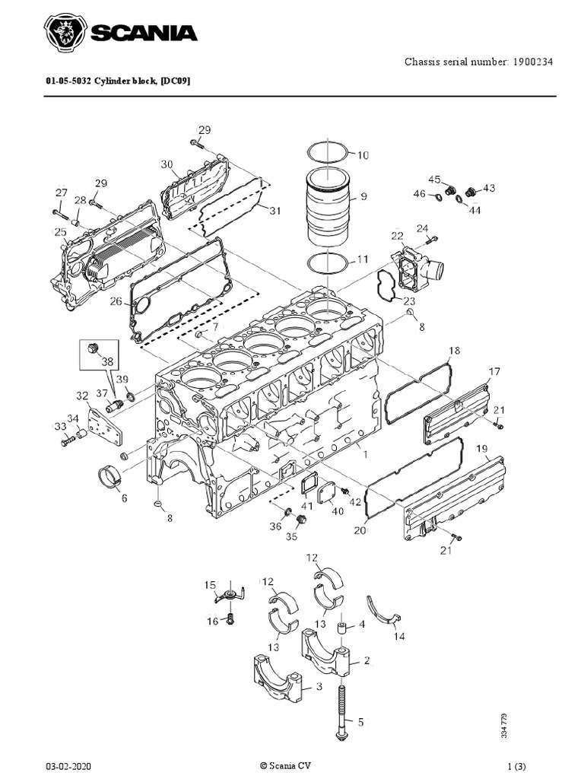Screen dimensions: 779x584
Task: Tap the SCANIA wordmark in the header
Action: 144,33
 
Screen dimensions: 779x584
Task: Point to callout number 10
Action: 362,155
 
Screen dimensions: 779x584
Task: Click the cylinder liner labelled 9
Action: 329,207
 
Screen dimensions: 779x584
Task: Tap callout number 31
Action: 275,211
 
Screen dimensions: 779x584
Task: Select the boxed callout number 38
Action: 106,362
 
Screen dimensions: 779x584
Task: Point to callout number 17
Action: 494,372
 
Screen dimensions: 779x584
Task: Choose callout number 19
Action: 482,449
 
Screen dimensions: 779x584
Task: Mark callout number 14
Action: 398,637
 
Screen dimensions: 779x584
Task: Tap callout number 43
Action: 488,187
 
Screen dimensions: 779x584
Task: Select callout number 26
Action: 115,301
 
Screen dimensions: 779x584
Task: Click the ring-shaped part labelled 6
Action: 109,482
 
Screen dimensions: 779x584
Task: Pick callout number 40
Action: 338,511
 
